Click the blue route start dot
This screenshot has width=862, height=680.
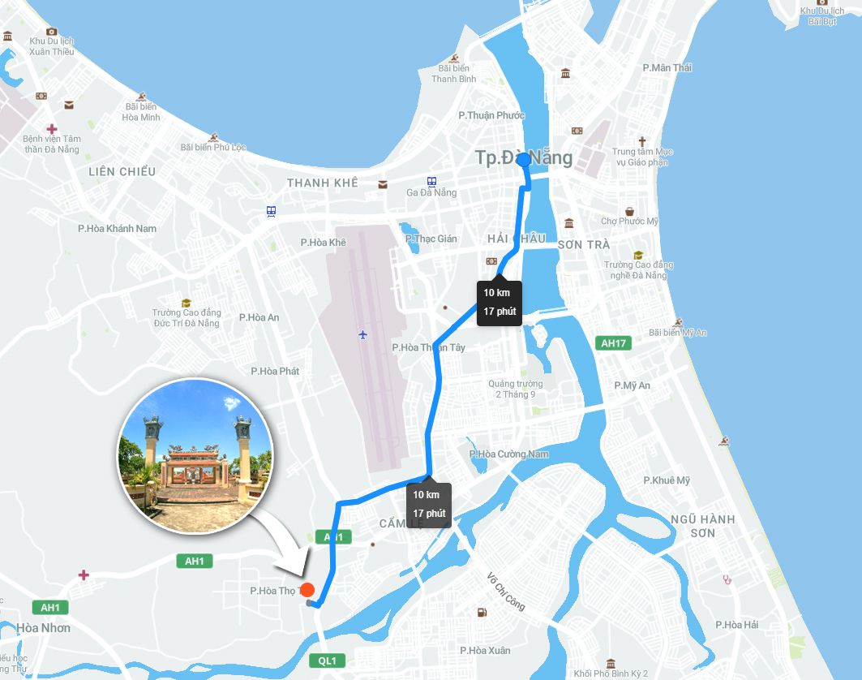tap(523, 160)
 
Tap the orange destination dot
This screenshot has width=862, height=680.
tap(307, 590)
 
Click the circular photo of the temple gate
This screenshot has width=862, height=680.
tap(195, 456)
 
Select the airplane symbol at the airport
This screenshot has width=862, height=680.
tap(362, 334)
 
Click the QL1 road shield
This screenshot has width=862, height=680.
tap(327, 661)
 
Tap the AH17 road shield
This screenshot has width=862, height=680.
tap(613, 343)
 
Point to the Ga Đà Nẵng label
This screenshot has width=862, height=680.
tap(431, 192)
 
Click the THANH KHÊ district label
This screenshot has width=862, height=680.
tap(322, 183)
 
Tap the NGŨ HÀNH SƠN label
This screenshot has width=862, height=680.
tap(703, 526)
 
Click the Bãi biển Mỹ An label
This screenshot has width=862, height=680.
tap(678, 333)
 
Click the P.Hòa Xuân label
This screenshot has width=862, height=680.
tap(485, 650)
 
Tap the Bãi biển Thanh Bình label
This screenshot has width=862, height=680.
tap(454, 74)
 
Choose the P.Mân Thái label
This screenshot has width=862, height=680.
tap(667, 67)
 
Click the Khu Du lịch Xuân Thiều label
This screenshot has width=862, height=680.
tap(51, 46)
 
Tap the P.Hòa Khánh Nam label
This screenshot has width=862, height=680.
tap(117, 228)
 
